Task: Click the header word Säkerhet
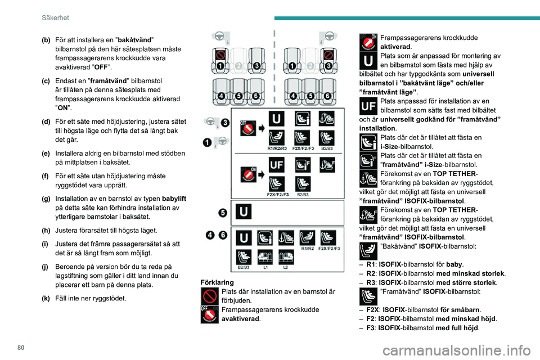(56, 17)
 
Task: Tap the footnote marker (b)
(46, 40)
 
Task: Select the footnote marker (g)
(46, 199)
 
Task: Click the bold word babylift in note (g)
(174, 199)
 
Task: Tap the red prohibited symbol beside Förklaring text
(210, 295)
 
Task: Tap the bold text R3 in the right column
(371, 282)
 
